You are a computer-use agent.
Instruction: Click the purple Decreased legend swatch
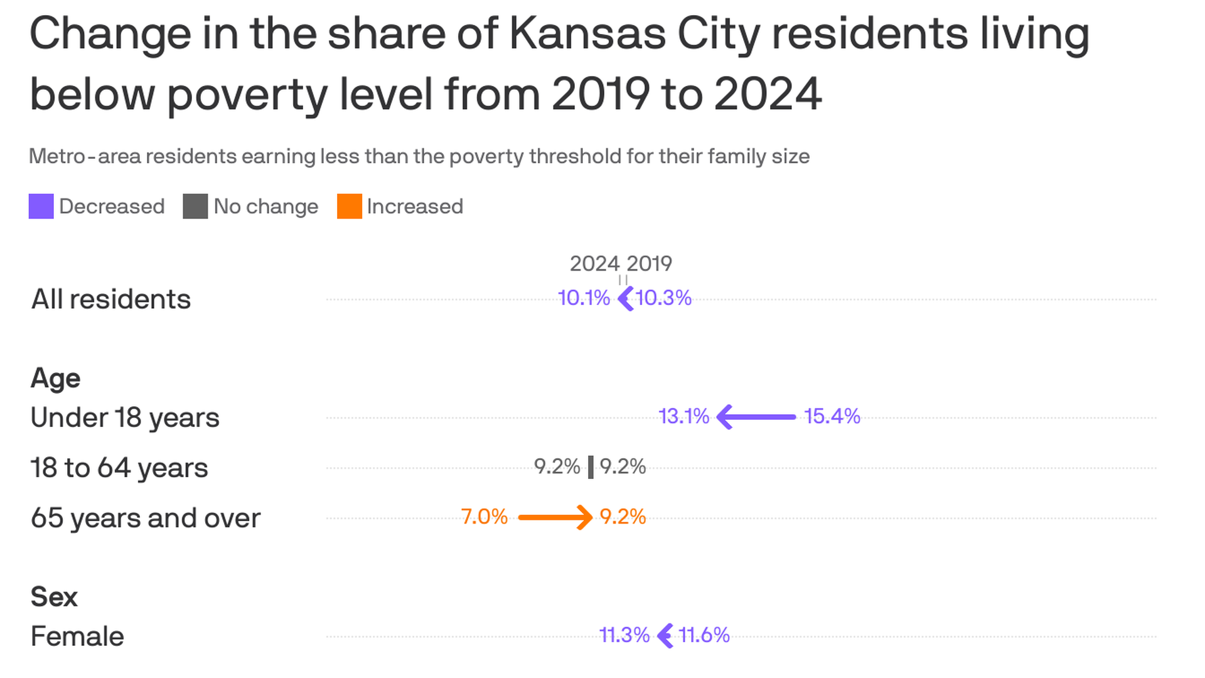tap(41, 207)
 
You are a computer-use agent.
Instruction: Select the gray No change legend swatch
tap(195, 207)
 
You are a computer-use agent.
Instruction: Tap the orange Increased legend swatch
tap(350, 207)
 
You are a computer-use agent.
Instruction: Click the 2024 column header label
tap(594, 264)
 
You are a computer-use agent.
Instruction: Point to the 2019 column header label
tap(650, 264)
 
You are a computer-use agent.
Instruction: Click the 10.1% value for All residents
tap(584, 298)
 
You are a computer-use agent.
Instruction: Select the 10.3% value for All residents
tap(664, 298)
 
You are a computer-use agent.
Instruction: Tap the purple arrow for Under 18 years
tap(756, 417)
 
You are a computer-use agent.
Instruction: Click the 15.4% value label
tap(832, 416)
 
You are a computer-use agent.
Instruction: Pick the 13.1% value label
tap(683, 416)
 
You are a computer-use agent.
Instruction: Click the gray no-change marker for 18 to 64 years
tap(591, 467)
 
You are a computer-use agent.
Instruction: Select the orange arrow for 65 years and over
tap(555, 517)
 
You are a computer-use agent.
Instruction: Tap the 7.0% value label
tap(484, 517)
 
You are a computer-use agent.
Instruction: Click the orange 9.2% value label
tap(623, 517)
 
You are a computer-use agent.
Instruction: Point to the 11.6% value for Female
tap(704, 635)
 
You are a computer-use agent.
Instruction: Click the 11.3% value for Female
tap(624, 635)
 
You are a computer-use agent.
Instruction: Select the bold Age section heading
tap(55, 379)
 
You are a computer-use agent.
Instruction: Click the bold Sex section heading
tap(53, 597)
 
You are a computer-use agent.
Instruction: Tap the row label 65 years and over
tap(145, 519)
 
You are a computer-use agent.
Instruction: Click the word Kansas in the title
tap(587, 34)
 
